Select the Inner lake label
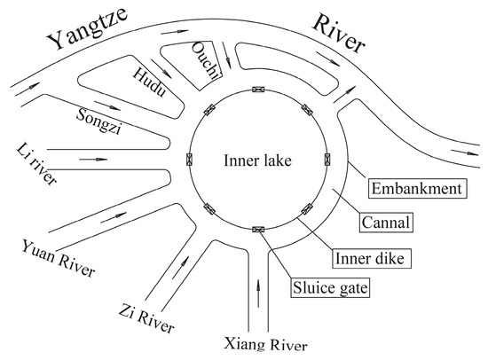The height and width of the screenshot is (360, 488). point(258,160)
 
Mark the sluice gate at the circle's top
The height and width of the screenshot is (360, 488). point(258,89)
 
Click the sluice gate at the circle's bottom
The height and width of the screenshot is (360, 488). point(258,230)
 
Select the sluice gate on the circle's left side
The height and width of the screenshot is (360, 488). point(188,159)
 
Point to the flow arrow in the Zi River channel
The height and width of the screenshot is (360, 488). point(185,263)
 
